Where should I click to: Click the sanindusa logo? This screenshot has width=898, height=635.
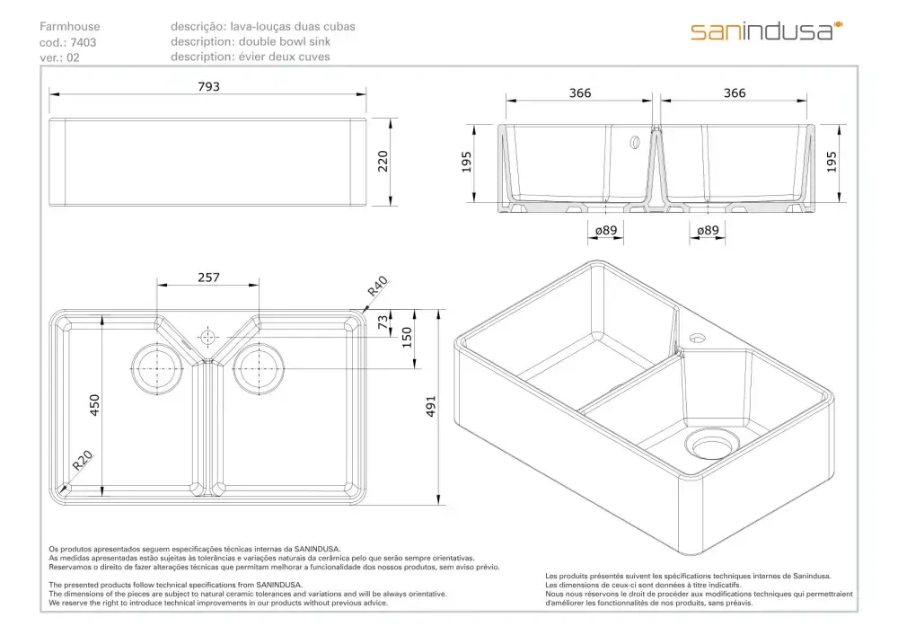point(766,31)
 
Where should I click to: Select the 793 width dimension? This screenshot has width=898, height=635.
point(208,86)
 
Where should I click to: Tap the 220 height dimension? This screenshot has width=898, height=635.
point(383,162)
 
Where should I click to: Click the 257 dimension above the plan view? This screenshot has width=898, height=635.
point(208,278)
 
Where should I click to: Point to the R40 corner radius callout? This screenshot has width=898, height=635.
point(377,287)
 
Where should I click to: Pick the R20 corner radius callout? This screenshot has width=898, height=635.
point(83,461)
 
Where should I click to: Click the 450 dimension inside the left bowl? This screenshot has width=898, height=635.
point(94,405)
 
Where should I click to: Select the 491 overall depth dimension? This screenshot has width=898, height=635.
point(431,406)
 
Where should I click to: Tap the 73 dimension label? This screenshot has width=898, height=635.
point(383,322)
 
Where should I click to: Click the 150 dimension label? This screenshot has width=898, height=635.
point(407,337)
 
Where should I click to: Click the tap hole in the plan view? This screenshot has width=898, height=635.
point(207,337)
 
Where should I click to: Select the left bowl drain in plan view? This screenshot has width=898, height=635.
point(157,368)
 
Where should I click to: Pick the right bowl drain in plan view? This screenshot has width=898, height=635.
point(259,368)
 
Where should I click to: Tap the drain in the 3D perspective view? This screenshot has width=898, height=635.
point(712,443)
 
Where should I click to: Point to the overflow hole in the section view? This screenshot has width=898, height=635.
point(635,142)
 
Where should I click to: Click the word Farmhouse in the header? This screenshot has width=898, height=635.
point(70,26)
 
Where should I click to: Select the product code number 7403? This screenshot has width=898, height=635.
point(84,42)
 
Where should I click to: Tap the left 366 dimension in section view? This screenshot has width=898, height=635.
point(579,93)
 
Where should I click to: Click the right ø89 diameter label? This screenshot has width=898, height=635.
point(708,230)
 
